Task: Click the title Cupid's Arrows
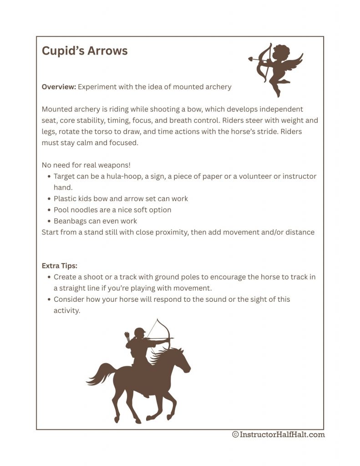pyautogui.click(x=85, y=51)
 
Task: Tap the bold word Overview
pyautogui.click(x=59, y=87)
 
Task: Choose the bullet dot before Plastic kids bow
pyautogui.click(x=49, y=199)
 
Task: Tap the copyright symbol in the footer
pyautogui.click(x=235, y=435)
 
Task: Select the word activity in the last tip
pyautogui.click(x=66, y=310)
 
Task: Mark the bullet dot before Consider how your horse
pyautogui.click(x=49, y=299)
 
